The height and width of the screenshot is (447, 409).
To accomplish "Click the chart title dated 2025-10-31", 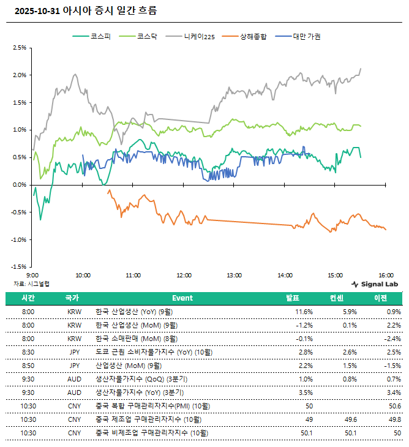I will [85, 10].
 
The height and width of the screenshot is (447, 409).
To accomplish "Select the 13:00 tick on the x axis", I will [235, 276].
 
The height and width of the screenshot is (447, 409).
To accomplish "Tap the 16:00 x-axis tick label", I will [385, 276].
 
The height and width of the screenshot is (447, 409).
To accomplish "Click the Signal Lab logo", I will [375, 284].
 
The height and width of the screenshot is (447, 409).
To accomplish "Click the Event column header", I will [182, 298].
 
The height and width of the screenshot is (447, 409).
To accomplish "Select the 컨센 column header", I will [336, 298].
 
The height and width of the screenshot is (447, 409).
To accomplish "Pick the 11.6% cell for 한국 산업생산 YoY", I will [304, 312].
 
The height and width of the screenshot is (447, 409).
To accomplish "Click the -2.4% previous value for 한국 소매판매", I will [393, 339].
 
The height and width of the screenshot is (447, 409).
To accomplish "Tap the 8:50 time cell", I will [28, 366].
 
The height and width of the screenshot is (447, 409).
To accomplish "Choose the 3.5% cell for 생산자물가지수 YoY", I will [306, 393].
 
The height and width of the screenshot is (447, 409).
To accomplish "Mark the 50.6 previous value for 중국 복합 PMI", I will [393, 406].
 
